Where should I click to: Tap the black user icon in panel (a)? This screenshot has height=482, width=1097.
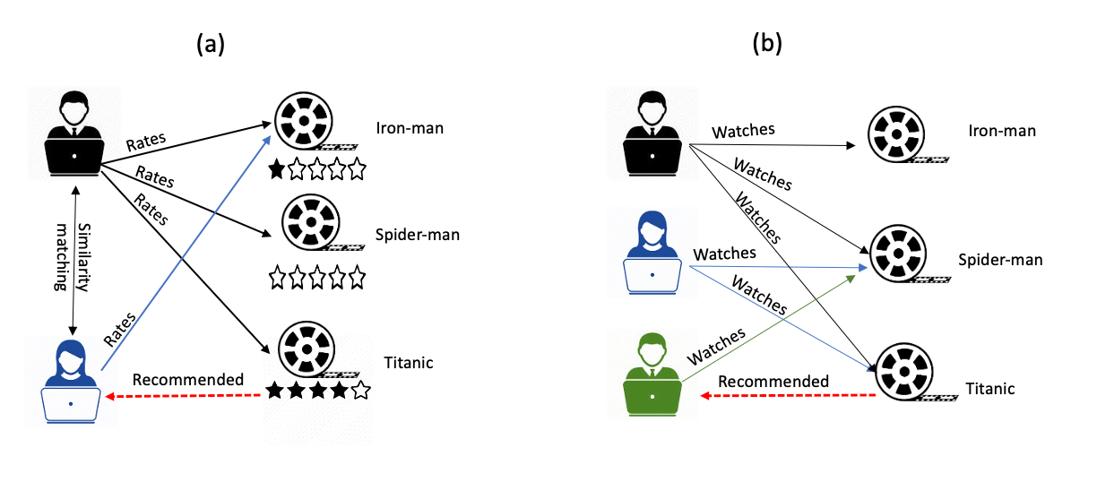pyautogui.click(x=74, y=134)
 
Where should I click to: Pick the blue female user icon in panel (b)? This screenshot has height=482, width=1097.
pyautogui.click(x=652, y=254)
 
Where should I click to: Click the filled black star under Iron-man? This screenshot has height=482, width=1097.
pyautogui.click(x=277, y=168)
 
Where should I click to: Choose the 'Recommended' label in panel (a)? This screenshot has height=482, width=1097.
pyautogui.click(x=188, y=379)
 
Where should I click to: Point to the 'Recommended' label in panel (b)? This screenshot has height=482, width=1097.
pyautogui.click(x=773, y=382)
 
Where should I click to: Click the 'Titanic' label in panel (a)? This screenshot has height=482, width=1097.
pyautogui.click(x=405, y=363)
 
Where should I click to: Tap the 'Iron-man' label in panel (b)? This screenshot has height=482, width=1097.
pyautogui.click(x=1002, y=131)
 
